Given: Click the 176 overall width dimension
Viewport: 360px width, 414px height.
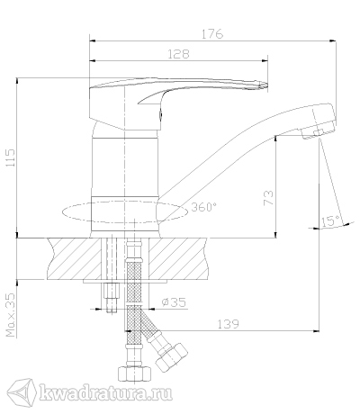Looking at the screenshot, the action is click(x=212, y=34).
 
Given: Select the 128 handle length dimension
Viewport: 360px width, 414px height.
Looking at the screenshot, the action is click(x=178, y=54).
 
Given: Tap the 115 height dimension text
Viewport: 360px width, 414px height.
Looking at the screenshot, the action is click(x=11, y=158).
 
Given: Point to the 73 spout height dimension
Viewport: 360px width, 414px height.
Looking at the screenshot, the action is click(x=268, y=198).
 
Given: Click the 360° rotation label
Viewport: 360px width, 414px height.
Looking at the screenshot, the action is click(x=204, y=207).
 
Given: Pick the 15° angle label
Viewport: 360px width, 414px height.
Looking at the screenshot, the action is click(x=331, y=220).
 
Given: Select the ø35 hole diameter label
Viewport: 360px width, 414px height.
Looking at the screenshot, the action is click(x=174, y=301).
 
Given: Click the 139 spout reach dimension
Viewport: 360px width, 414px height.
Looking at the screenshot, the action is click(x=228, y=324).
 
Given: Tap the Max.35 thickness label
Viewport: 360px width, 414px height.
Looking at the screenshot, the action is click(x=11, y=315).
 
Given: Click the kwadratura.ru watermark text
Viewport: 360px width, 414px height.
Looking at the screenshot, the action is click(x=106, y=392).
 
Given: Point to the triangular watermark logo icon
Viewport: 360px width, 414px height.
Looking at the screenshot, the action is click(x=22, y=392).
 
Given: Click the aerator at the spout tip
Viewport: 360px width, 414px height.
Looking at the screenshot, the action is click(x=314, y=133).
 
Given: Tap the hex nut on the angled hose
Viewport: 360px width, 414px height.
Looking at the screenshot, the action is click(x=172, y=357).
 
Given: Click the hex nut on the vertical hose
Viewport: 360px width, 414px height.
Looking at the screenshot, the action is click(x=134, y=373).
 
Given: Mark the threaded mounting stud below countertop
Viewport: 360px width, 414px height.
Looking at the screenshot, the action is click(x=111, y=298).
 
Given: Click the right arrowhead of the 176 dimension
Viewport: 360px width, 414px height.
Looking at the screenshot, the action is click(x=332, y=40).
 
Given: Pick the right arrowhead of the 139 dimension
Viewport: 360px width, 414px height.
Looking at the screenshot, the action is click(x=316, y=331).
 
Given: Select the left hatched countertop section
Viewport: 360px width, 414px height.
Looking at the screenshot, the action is click(x=74, y=259).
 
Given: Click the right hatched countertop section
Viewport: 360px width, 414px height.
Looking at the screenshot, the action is click(x=178, y=259).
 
